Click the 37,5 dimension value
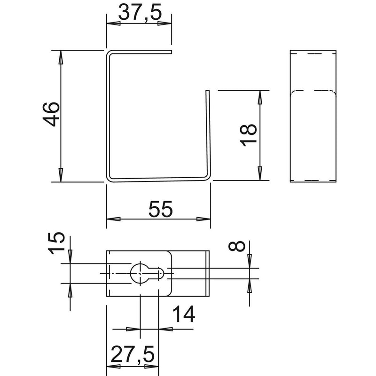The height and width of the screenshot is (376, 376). point(140,13)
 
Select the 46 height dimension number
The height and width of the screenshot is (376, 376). point(51,114)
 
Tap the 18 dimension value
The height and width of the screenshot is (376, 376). point(248,135)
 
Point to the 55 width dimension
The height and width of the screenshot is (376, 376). point(160,209)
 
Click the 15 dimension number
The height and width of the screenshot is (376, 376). point(56,243)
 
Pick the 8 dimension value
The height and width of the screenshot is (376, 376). point(237,246)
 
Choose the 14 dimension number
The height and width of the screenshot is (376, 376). point(183,314)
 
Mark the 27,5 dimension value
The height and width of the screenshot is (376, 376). point(133,354)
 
